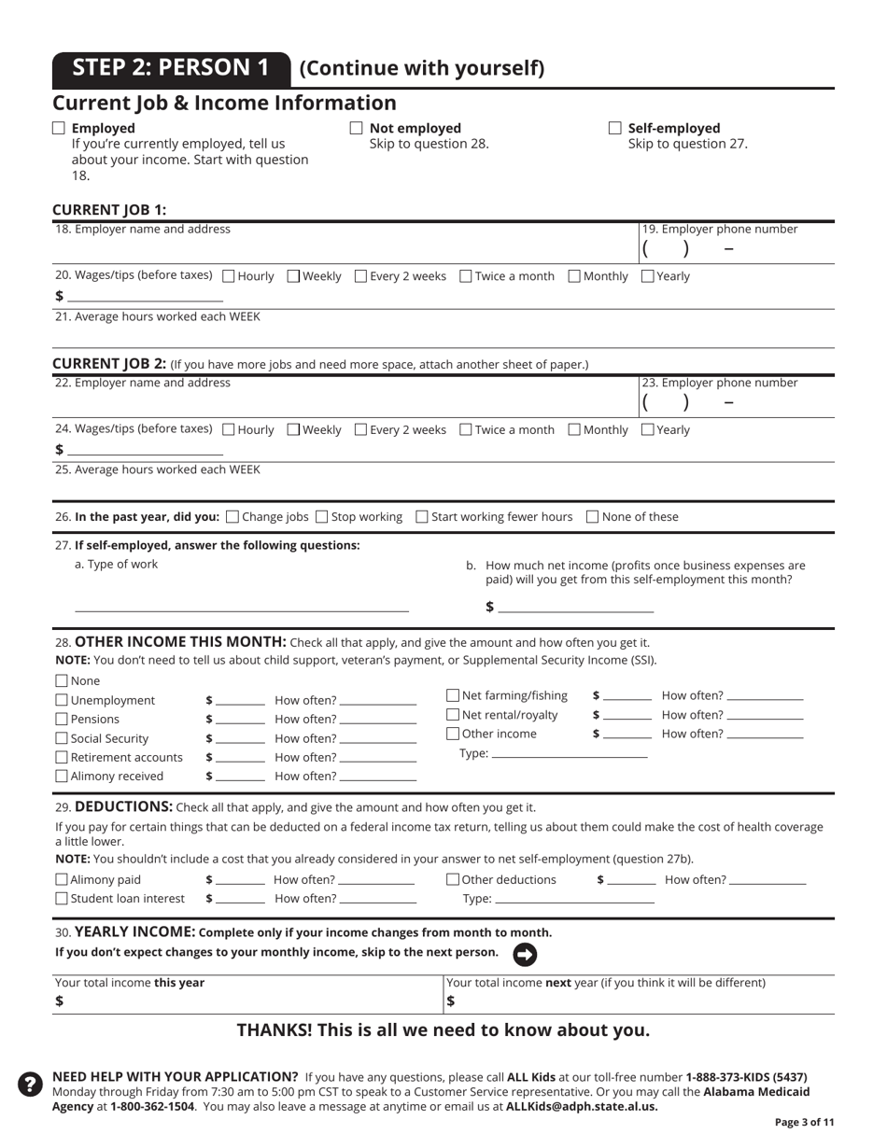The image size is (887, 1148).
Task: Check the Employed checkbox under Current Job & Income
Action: pyautogui.click(x=59, y=128)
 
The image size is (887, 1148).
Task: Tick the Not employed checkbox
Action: pyautogui.click(x=356, y=128)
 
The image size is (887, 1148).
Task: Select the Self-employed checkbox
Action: pyautogui.click(x=615, y=128)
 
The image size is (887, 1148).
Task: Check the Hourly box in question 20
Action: pyautogui.click(x=229, y=276)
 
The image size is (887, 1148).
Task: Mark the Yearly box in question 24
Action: pyautogui.click(x=648, y=430)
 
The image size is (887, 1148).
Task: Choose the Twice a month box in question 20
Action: pyautogui.click(x=466, y=276)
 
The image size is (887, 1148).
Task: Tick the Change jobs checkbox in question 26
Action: pyautogui.click(x=232, y=516)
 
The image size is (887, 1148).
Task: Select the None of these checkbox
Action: pyautogui.click(x=592, y=516)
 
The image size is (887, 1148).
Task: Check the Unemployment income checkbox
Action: pyautogui.click(x=62, y=700)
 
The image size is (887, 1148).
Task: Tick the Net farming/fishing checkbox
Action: pyautogui.click(x=453, y=695)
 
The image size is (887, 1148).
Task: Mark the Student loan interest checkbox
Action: pyautogui.click(x=62, y=898)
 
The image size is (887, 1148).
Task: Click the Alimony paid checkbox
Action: pyautogui.click(x=62, y=879)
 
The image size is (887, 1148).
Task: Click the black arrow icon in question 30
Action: pyautogui.click(x=525, y=954)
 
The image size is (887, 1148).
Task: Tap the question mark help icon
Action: pyautogui.click(x=30, y=1084)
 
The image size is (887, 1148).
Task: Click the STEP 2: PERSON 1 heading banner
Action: pyautogui.click(x=171, y=68)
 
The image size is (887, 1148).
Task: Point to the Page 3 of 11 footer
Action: pyautogui.click(x=804, y=1122)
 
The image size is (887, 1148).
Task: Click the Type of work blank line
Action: pyautogui.click(x=242, y=606)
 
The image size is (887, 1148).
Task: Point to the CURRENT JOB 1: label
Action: pyautogui.click(x=109, y=209)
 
